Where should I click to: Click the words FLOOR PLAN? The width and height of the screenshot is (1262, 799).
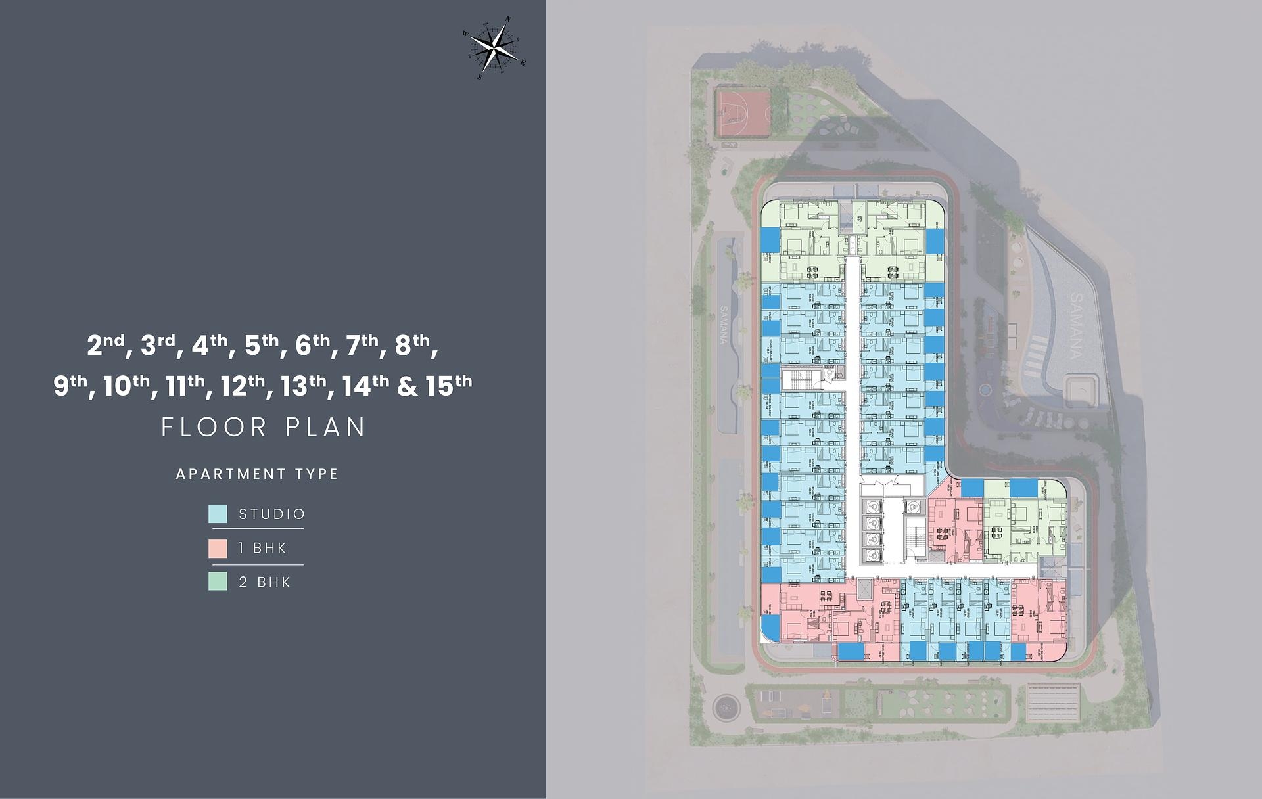tap(264, 427)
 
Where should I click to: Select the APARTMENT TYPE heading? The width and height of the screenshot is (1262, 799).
tap(257, 474)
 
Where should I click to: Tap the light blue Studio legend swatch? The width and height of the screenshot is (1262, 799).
tap(218, 514)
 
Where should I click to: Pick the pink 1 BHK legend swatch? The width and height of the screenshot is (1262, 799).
tap(218, 548)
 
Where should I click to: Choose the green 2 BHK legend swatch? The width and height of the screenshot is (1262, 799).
tap(218, 582)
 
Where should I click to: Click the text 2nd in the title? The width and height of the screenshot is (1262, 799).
tap(105, 345)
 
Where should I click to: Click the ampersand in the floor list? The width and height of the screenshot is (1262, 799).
tap(408, 386)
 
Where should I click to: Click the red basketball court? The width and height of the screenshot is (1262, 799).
tap(743, 112)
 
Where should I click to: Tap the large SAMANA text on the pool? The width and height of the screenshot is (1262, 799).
tap(1075, 326)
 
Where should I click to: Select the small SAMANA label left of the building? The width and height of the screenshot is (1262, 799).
tap(724, 325)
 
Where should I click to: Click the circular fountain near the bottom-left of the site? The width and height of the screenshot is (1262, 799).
tap(726, 708)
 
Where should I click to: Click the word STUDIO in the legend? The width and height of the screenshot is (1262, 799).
tap(272, 514)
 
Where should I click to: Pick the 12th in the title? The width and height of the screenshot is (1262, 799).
tap(243, 386)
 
